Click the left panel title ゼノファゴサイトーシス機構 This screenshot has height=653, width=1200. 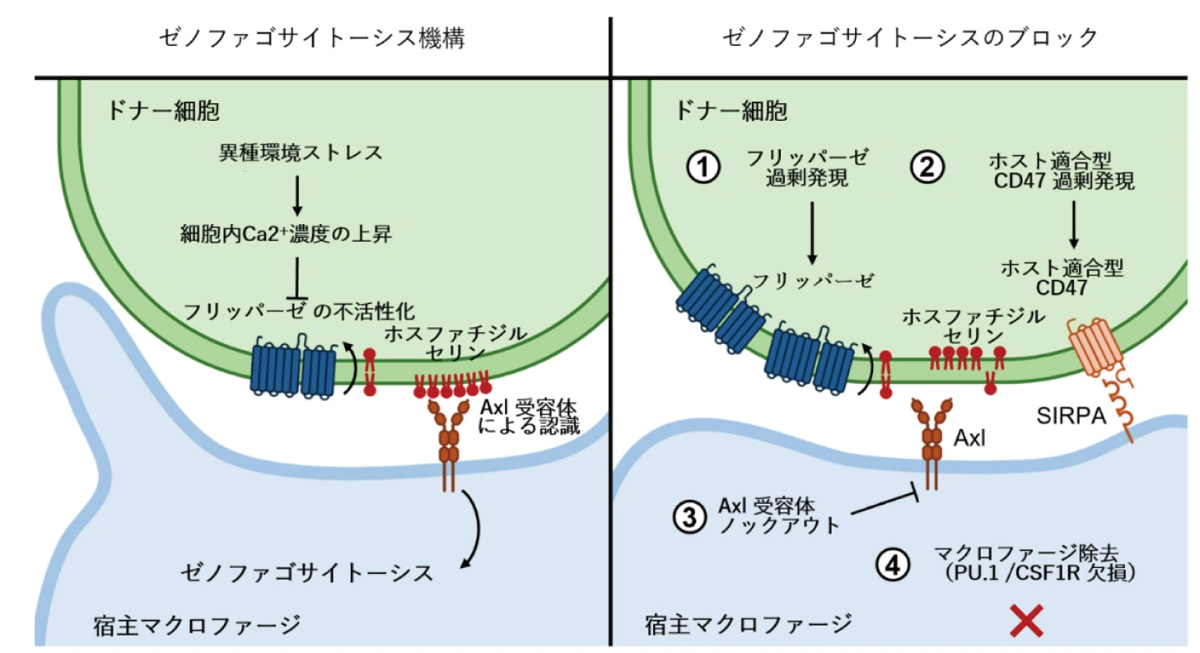tap(312, 38)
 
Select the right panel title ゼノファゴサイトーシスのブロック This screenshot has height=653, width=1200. tap(910, 38)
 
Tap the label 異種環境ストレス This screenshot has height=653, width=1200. tap(301, 153)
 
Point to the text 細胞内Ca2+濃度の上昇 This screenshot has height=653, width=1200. tap(286, 234)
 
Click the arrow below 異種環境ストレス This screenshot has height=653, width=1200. tap(297, 196)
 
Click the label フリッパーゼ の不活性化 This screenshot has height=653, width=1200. tap(299, 312)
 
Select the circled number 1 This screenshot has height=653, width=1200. tap(702, 167)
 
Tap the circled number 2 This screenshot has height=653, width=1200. tap(927, 167)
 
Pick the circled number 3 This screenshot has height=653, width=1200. tap(689, 517)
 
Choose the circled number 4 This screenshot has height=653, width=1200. tap(892, 566)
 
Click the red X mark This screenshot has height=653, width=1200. tap(1027, 621)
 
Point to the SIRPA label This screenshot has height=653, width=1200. tap(1072, 416)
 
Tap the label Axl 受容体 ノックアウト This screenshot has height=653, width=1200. tap(780, 516)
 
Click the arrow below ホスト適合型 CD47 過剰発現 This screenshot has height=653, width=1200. tap(1073, 225)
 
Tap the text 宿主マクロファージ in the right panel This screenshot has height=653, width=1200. tap(748, 624)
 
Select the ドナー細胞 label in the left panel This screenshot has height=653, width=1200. tap(162, 111)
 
